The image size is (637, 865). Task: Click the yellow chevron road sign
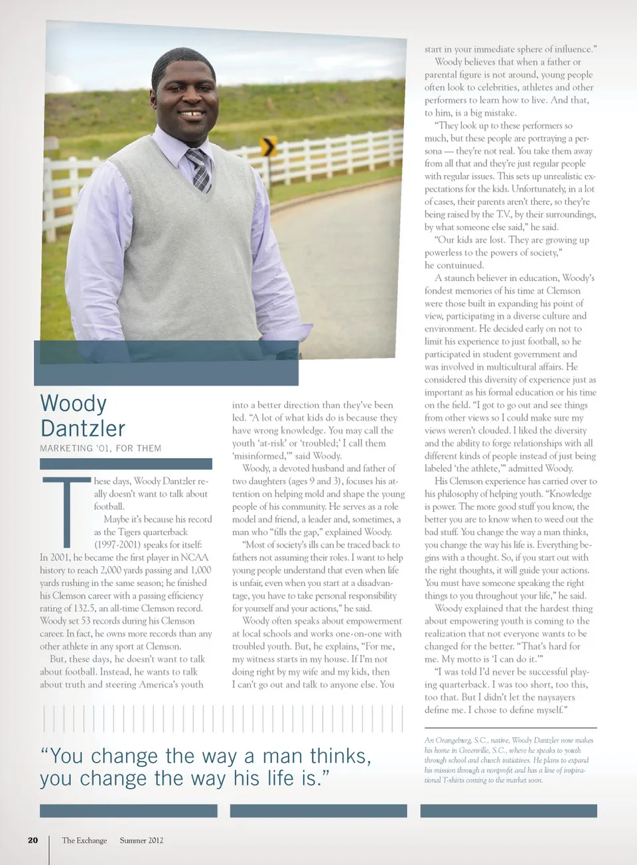pos(269,146)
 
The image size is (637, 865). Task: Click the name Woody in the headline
pos(73,403)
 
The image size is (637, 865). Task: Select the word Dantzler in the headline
pos(82,428)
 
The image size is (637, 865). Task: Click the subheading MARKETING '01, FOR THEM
pos(100,448)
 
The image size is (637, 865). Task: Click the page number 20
pos(33,840)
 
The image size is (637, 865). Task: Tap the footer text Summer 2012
pos(141,840)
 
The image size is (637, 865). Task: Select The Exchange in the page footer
pos(84,840)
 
